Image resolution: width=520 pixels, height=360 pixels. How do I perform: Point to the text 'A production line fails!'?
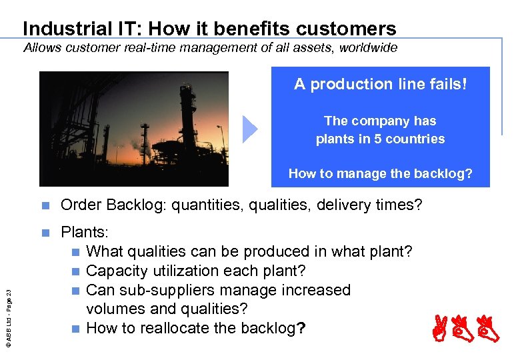click(x=381, y=84)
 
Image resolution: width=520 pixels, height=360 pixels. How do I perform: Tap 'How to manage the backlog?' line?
click(x=380, y=174)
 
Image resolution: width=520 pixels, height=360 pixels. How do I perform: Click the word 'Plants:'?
click(x=85, y=233)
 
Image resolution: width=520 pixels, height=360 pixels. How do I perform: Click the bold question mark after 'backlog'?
click(x=301, y=328)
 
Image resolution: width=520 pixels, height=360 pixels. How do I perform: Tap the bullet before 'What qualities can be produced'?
click(x=77, y=252)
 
